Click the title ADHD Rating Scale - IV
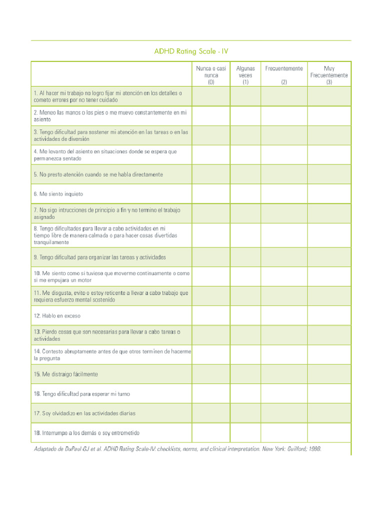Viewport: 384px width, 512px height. pos(191,51)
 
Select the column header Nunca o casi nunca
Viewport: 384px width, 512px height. pos(211,75)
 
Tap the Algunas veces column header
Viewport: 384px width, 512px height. pos(245,75)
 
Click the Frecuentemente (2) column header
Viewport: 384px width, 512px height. pos(283,75)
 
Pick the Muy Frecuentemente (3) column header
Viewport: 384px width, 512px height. pos(329,75)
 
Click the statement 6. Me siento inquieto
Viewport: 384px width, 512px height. pos(58,194)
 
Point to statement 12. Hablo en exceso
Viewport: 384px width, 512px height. pos(57,316)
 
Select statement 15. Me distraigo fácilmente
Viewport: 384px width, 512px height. pos(65,374)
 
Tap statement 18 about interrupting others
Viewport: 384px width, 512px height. pos(86,433)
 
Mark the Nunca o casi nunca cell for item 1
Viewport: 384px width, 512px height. pos(211,96)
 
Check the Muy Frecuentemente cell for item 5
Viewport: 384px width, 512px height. pos(329,174)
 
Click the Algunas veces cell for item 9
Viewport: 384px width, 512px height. pos(245,257)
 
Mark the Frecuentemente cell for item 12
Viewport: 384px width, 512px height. pos(283,315)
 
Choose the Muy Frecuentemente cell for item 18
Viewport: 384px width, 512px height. pos(329,432)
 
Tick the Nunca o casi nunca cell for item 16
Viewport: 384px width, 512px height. pos(211,393)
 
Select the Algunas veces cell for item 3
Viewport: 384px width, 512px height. pos(245,135)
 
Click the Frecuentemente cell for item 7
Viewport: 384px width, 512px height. pos(283,213)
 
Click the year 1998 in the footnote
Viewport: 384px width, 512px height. pos(314,449)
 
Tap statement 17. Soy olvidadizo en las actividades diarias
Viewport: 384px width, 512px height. pos(84,413)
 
